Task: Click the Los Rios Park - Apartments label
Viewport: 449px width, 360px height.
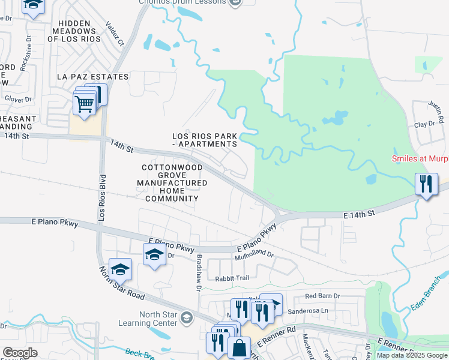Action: (x=205, y=140)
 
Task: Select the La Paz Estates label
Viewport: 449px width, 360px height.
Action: (x=92, y=77)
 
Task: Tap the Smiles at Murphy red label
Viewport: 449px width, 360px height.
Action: (x=420, y=159)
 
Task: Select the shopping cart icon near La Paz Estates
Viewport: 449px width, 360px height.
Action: (x=84, y=103)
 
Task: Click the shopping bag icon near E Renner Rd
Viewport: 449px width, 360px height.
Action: (x=239, y=348)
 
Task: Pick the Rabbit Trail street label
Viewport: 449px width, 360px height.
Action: (x=232, y=278)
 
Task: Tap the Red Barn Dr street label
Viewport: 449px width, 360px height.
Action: (x=322, y=296)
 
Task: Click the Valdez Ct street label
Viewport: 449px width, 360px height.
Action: (x=114, y=34)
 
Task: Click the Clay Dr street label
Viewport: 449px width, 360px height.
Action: (x=424, y=124)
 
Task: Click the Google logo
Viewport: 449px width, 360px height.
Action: (x=20, y=353)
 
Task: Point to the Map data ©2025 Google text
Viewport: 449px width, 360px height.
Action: (x=412, y=355)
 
